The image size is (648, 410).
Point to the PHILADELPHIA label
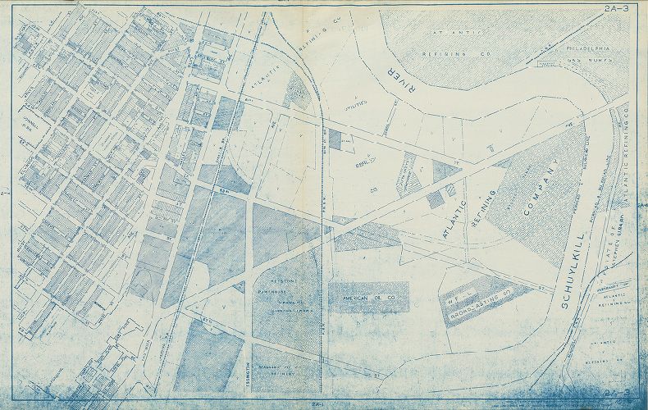pos(596,48)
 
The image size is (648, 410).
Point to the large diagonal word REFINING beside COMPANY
pos(484,210)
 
